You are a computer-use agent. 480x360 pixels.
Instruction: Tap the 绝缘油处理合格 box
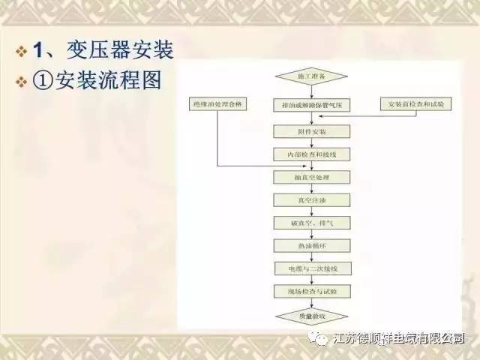pos(217,103)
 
